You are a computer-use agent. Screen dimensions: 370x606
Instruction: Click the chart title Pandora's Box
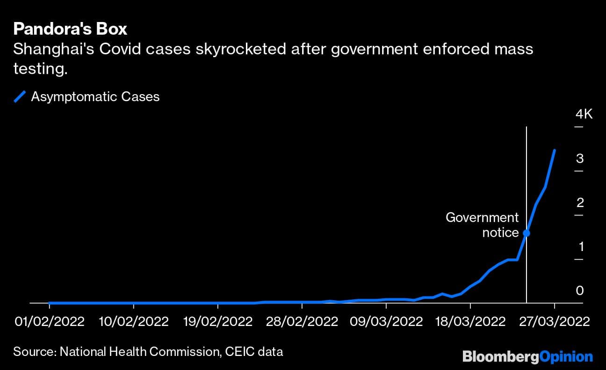[x=70, y=29]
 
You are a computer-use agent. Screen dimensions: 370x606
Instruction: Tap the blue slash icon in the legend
[x=20, y=97]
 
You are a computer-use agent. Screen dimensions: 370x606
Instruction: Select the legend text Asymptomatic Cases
[x=95, y=97]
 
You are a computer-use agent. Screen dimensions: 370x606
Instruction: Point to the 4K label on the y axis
[x=584, y=114]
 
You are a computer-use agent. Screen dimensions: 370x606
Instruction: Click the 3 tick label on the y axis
[x=580, y=159]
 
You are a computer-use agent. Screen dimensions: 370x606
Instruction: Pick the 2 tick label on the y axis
[x=580, y=203]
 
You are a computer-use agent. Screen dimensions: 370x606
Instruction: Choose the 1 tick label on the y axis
[x=580, y=247]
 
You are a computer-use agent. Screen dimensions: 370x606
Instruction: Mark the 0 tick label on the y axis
[x=580, y=291]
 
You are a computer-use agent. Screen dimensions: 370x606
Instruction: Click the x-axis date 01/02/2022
[x=49, y=322]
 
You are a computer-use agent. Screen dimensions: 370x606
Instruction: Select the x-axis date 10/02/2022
[x=133, y=322]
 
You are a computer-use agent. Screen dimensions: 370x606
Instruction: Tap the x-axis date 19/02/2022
[x=217, y=322]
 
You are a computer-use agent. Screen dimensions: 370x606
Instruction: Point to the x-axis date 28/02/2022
[x=302, y=322]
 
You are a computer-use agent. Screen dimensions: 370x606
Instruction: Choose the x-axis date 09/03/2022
[x=386, y=322]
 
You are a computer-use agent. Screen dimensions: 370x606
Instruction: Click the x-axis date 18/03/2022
[x=470, y=322]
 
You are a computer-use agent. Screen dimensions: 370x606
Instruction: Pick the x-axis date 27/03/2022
[x=555, y=322]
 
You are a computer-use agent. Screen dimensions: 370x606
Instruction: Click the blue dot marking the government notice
[x=527, y=233]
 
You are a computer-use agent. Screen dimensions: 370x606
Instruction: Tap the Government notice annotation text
[x=482, y=225]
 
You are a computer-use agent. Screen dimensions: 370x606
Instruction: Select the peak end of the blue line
[x=555, y=150]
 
